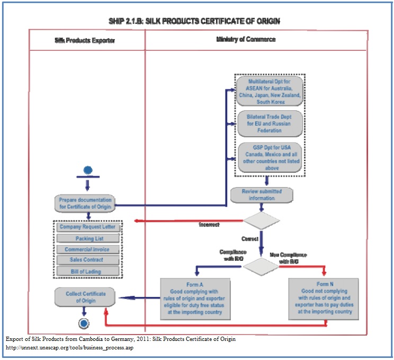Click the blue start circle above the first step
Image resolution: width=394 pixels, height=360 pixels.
tap(88, 170)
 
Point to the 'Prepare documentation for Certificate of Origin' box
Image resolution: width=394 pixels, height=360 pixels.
tap(85, 203)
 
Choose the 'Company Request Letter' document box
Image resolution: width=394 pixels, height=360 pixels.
tap(87, 227)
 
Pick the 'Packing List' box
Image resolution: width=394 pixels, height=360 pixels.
tap(88, 239)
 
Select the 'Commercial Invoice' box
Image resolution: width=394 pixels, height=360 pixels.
tap(87, 249)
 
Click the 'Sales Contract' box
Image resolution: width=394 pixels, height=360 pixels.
tap(87, 260)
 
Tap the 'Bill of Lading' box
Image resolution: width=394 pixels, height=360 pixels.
tap(87, 271)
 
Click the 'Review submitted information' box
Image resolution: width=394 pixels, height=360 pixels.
tap(262, 195)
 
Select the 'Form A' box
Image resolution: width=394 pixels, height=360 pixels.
tap(196, 298)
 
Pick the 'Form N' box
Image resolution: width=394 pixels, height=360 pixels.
tap(323, 298)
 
